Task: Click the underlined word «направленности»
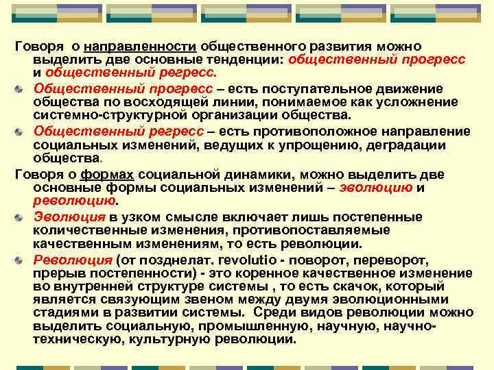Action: pyautogui.click(x=141, y=46)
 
